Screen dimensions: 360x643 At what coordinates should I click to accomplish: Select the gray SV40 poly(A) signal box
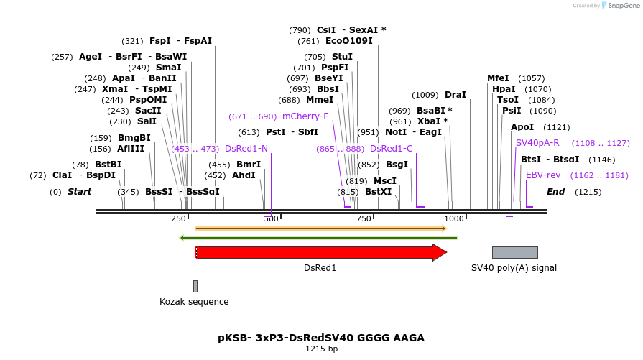(x=514, y=252)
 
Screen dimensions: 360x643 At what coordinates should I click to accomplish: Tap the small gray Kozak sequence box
(x=195, y=286)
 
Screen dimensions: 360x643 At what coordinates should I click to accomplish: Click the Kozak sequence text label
(x=194, y=302)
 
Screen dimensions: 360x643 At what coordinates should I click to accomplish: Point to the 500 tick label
(x=271, y=218)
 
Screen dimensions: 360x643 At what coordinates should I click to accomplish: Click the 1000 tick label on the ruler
(x=454, y=218)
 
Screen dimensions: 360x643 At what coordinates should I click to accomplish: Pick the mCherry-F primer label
(x=305, y=116)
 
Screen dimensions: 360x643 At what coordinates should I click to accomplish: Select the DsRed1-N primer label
(x=246, y=149)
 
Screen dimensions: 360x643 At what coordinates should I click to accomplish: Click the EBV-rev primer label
(x=543, y=175)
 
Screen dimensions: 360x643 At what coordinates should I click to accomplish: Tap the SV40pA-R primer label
(x=537, y=143)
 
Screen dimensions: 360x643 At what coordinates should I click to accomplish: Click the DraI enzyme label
(x=455, y=95)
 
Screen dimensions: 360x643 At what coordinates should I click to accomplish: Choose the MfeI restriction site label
(x=498, y=78)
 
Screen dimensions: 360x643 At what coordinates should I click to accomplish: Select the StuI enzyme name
(x=342, y=57)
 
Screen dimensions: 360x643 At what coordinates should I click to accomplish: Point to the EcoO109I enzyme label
(x=349, y=41)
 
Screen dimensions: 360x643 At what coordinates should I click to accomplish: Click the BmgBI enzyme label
(x=134, y=138)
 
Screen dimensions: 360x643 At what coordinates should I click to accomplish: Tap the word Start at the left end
(x=79, y=192)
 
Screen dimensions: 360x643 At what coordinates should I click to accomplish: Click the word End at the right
(x=555, y=192)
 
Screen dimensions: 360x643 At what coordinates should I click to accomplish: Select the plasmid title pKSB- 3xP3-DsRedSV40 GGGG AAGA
(x=321, y=337)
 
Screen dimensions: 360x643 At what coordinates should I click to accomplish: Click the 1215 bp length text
(x=321, y=349)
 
